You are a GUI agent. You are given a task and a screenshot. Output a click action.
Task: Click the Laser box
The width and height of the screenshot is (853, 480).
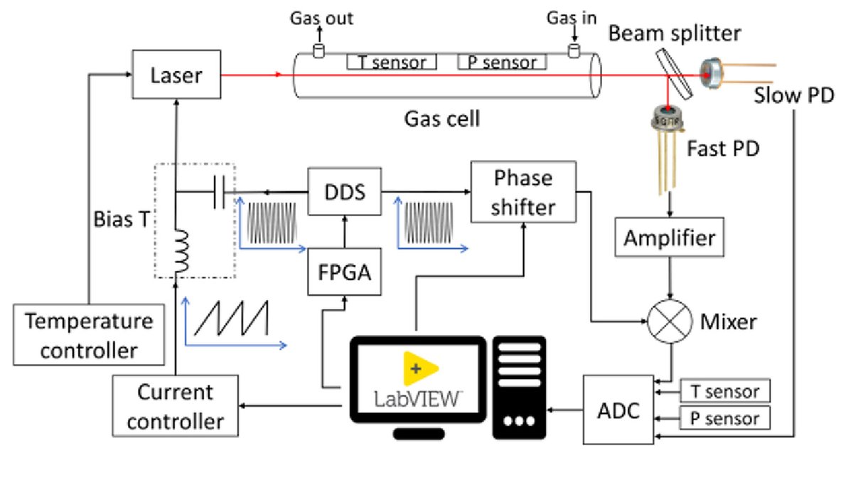pos(176,74)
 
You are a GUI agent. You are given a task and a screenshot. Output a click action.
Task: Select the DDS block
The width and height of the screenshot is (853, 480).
pos(345,192)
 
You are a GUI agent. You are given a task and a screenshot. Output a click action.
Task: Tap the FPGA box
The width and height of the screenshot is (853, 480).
pos(345,271)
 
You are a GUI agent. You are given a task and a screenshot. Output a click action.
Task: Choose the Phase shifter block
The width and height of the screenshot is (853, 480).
pos(523,192)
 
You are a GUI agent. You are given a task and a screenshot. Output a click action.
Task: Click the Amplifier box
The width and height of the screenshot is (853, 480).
pos(669,238)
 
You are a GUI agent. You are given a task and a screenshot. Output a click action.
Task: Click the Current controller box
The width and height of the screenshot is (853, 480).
pos(175,407)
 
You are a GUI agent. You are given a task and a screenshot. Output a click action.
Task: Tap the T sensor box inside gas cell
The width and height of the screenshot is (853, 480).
pos(392,63)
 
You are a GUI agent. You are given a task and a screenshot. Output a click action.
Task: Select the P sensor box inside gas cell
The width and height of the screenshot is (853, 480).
pos(502,63)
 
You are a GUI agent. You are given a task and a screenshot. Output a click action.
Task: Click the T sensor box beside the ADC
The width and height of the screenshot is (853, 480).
pos(725,390)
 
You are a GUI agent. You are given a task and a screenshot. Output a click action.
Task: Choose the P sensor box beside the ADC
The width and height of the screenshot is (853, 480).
pos(725,418)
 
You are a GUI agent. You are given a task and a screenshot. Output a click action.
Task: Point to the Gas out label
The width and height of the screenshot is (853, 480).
pos(321,18)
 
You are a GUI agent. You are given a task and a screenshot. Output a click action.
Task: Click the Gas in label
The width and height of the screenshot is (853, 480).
pos(572,18)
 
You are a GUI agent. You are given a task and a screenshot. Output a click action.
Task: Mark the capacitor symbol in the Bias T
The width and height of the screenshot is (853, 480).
pos(220,192)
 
